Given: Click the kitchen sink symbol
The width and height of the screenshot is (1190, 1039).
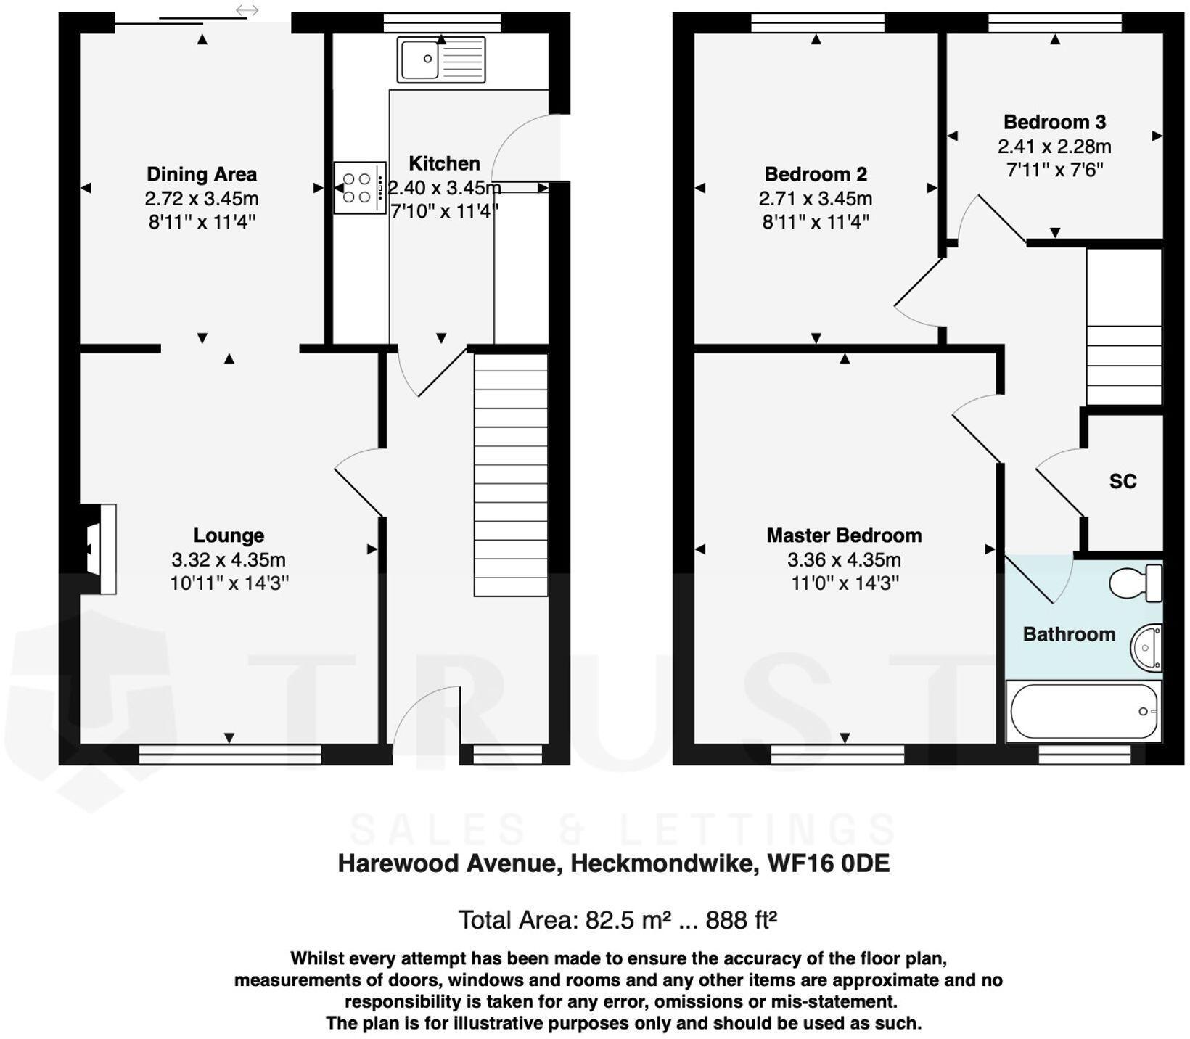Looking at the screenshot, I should [441, 59].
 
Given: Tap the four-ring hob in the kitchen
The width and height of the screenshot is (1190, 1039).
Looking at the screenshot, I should [360, 187].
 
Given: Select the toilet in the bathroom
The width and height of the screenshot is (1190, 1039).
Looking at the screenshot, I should [1135, 583].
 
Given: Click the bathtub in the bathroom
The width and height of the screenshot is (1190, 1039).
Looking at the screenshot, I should [1083, 711].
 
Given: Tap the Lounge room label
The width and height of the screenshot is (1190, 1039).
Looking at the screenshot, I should [229, 535].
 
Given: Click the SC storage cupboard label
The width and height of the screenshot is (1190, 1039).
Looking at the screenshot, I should [1123, 481].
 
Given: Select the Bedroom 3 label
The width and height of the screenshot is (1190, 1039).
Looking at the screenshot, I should [1054, 122].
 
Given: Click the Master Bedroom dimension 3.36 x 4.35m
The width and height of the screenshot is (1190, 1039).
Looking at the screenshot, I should [844, 559].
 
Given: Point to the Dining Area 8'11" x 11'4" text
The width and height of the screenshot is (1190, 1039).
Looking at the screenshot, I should [202, 222].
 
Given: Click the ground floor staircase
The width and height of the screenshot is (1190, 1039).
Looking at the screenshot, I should [511, 475].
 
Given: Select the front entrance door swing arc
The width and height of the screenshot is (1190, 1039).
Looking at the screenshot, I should [427, 715].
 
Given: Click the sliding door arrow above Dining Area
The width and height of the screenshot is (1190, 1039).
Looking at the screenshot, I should [247, 10].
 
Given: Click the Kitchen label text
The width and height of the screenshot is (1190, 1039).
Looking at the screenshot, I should [444, 163].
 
